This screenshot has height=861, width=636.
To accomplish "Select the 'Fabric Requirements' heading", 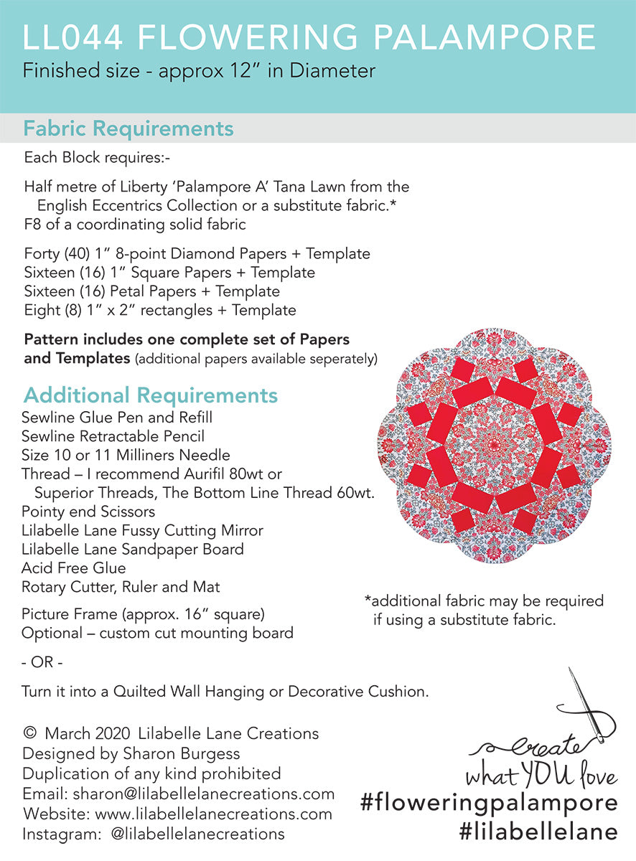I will click(x=128, y=128).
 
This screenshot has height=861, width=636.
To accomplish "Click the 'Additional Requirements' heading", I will click(x=150, y=395).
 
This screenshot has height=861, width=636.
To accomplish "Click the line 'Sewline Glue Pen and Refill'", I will click(x=117, y=418).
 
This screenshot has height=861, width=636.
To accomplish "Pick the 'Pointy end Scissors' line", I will click(x=88, y=512).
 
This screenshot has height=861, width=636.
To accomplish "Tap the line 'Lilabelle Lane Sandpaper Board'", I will click(x=133, y=550).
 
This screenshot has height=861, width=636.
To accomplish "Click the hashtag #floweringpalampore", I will click(x=489, y=803).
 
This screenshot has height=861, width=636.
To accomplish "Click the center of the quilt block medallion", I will click(x=495, y=446).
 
